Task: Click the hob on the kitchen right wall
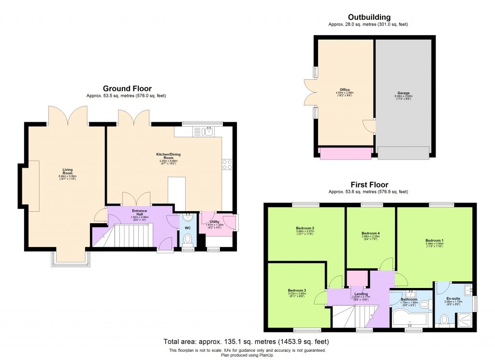(x=227, y=164)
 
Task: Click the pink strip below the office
(x=346, y=153)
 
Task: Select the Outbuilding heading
(x=367, y=17)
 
